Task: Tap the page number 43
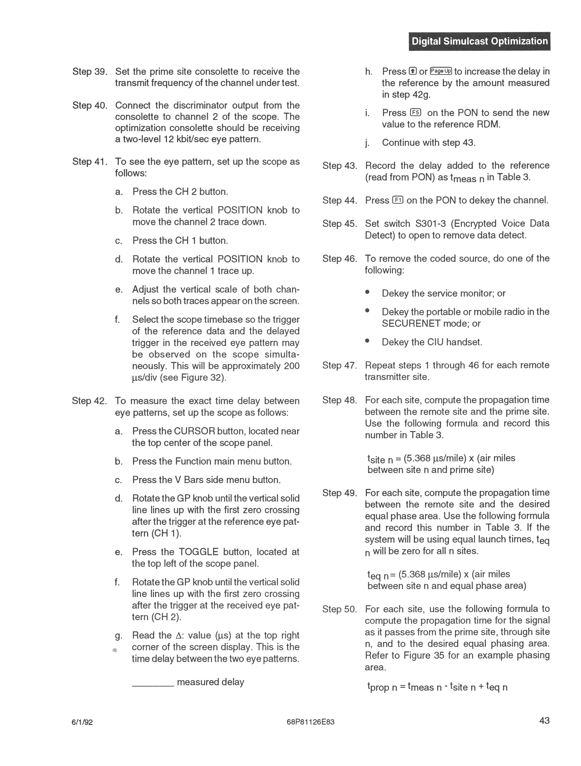(x=544, y=721)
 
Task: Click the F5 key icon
(x=415, y=113)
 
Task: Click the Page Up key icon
(x=441, y=71)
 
